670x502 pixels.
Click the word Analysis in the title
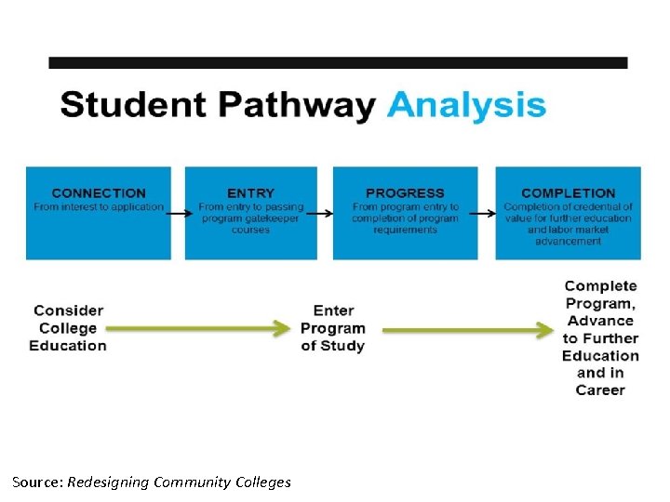(466, 104)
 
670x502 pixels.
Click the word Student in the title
(124, 104)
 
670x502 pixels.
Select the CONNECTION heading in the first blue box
(99, 193)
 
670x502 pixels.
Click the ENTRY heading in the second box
(250, 193)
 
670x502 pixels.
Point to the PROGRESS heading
(405, 193)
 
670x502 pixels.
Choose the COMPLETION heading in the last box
(568, 193)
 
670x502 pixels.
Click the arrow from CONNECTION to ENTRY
(178, 213)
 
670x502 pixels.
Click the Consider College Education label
(68, 328)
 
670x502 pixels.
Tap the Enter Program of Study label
(332, 328)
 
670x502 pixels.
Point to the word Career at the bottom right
(600, 390)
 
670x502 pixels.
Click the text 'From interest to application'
(99, 207)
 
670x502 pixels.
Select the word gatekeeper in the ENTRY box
(271, 218)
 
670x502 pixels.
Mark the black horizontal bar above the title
(338, 63)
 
